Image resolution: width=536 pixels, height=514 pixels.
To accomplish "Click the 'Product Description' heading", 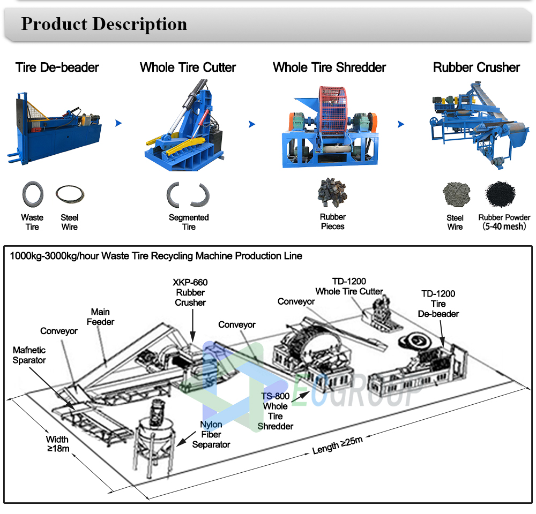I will point(104,24).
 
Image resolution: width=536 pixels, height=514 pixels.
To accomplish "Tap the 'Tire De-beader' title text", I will point(57,67).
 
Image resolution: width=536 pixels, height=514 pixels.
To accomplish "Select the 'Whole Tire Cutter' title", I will point(188,67).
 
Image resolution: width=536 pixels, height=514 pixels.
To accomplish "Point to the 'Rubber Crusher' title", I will point(476,67).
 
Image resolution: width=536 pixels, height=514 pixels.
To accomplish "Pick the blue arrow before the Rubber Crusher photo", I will point(400,124).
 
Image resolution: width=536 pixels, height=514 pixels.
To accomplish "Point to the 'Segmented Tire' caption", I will point(189,222).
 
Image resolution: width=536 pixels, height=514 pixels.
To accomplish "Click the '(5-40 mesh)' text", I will point(504,226).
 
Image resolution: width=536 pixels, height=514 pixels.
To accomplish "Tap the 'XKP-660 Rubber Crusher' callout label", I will point(190,292).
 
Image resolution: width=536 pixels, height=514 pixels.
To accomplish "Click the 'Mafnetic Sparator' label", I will point(29,355).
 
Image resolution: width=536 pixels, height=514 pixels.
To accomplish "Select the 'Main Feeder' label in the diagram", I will point(100,316).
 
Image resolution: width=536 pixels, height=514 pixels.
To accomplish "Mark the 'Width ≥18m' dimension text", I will point(57,444).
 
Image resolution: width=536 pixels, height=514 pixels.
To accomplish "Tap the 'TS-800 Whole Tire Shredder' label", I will point(276,411).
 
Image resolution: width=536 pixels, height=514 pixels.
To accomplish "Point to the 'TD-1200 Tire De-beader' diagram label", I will point(438,304).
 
